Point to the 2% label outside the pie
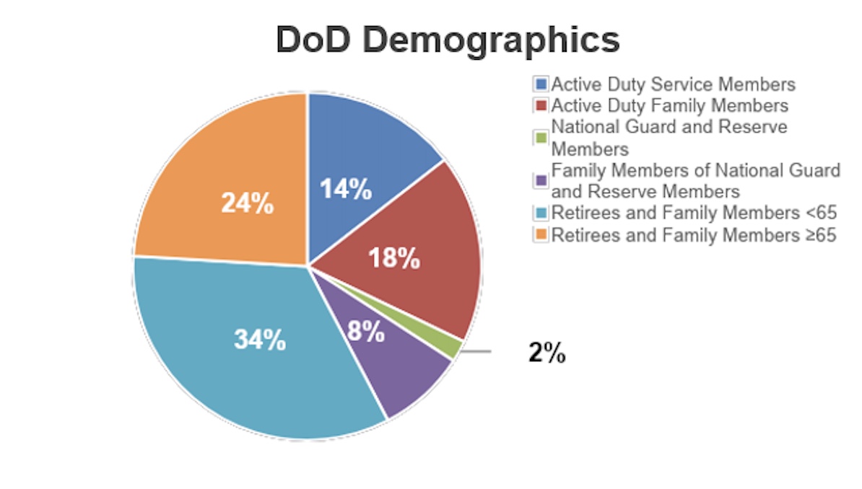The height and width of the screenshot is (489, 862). pyautogui.click(x=547, y=353)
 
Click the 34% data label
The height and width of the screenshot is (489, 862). pyautogui.click(x=259, y=339)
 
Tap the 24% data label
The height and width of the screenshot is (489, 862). pyautogui.click(x=247, y=204)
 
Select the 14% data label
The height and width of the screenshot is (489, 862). pyautogui.click(x=346, y=190)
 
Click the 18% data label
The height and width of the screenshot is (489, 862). pyautogui.click(x=393, y=258)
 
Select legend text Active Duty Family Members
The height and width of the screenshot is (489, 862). pyautogui.click(x=669, y=106)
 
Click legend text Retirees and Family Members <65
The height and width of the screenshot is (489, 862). pyautogui.click(x=694, y=213)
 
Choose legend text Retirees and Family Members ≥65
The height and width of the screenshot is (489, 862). pyautogui.click(x=694, y=235)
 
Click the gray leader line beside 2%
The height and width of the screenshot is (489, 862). pyautogui.click(x=476, y=352)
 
